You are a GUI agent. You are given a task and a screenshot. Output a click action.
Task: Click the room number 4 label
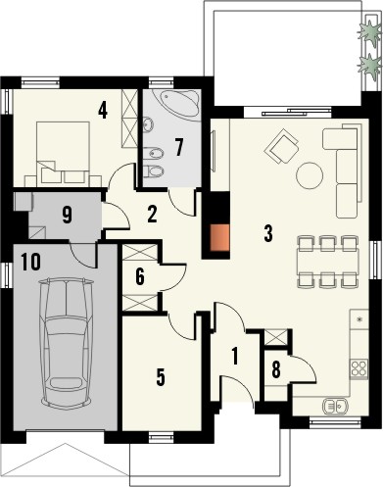(x=102, y=109)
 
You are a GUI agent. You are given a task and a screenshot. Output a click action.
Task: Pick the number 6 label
(x=140, y=277)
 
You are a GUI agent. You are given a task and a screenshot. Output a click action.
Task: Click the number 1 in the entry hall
(x=233, y=357)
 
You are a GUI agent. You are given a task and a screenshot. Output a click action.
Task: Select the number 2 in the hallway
(x=153, y=212)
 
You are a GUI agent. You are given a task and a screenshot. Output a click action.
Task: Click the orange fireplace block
(x=221, y=238)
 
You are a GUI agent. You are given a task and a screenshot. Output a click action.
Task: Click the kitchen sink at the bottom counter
(x=334, y=405)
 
